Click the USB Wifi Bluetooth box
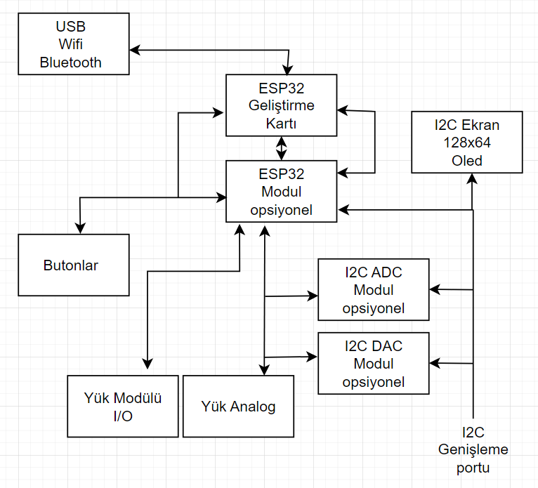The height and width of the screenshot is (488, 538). (70, 44)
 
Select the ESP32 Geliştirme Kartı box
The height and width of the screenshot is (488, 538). (281, 105)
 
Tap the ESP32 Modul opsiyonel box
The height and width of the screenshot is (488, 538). (281, 191)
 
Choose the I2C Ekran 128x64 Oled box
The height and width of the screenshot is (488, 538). (467, 142)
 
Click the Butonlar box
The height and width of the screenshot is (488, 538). (73, 265)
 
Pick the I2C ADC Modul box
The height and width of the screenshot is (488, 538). (373, 290)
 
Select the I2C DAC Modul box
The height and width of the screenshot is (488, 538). (373, 364)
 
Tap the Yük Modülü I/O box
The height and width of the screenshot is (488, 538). (122, 406)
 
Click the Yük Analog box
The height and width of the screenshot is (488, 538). (238, 406)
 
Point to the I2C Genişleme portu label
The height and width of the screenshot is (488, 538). (473, 449)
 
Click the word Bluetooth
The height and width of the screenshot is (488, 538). (70, 62)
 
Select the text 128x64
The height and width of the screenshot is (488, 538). (467, 143)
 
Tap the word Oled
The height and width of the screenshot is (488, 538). (467, 160)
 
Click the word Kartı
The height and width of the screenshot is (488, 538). (281, 123)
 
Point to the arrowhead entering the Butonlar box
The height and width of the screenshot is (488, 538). (81, 228)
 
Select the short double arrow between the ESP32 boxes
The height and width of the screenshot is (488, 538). (282, 147)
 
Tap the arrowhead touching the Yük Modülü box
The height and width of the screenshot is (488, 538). (147, 363)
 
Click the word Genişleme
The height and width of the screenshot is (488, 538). (473, 449)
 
